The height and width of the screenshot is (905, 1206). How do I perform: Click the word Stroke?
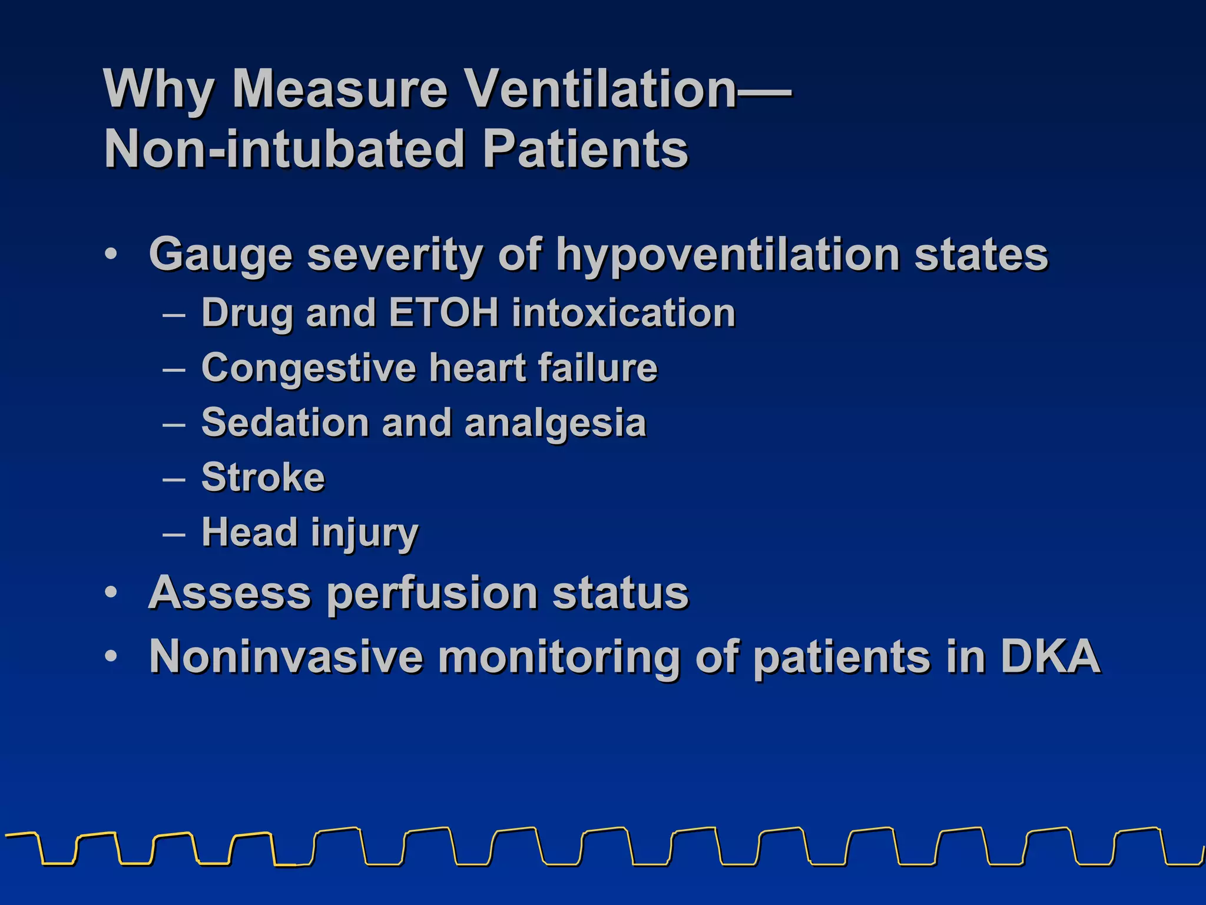(x=263, y=477)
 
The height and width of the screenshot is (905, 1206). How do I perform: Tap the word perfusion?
(x=432, y=594)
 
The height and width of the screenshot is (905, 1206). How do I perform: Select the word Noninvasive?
(x=286, y=656)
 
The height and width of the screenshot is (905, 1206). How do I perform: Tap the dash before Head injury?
(x=174, y=534)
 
